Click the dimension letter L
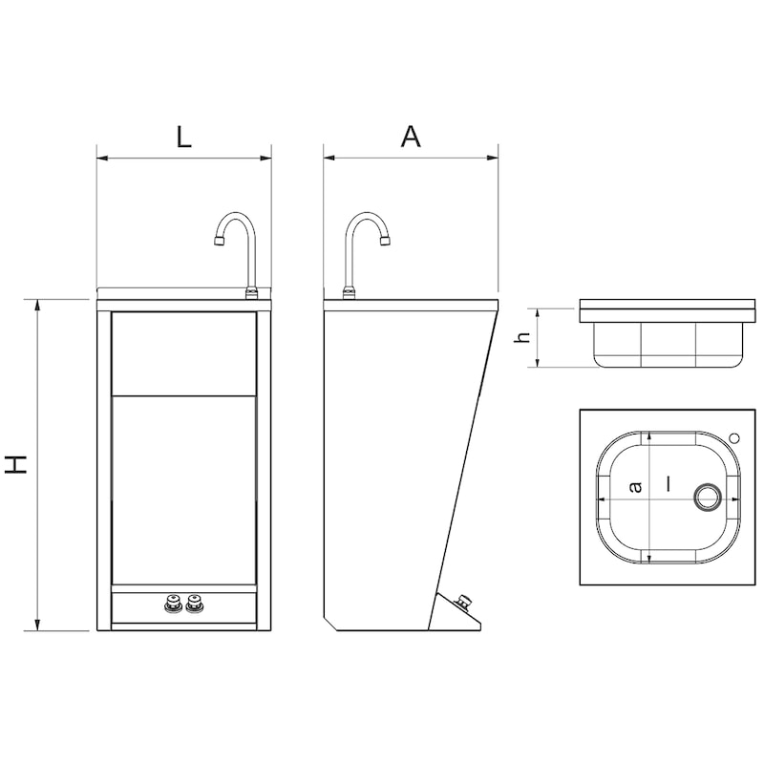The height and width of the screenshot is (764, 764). pyautogui.click(x=183, y=136)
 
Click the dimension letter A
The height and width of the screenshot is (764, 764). pyautogui.click(x=410, y=136)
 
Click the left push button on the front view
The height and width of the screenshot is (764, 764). pyautogui.click(x=173, y=603)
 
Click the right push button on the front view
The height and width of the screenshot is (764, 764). pyautogui.click(x=196, y=603)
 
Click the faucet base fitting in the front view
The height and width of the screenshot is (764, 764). pyautogui.click(x=252, y=292)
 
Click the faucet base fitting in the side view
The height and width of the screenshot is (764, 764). pyautogui.click(x=350, y=292)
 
